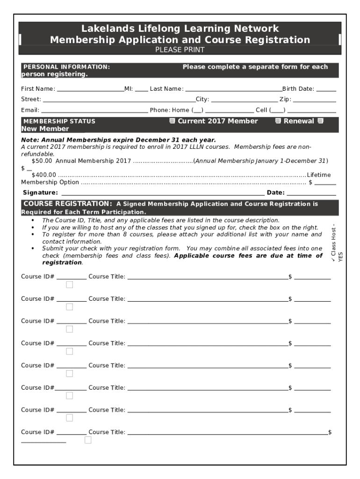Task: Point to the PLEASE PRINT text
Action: pyautogui.click(x=180, y=50)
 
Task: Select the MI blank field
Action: pyautogui.click(x=142, y=88)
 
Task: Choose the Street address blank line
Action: pyautogui.click(x=119, y=99)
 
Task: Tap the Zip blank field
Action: pyautogui.click(x=314, y=99)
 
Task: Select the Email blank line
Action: pyautogui.click(x=94, y=110)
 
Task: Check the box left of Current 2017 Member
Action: pyautogui.click(x=172, y=121)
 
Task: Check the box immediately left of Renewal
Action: pyautogui.click(x=278, y=121)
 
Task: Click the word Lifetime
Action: pyautogui.click(x=318, y=175)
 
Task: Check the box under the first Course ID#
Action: pyautogui.click(x=70, y=285)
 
